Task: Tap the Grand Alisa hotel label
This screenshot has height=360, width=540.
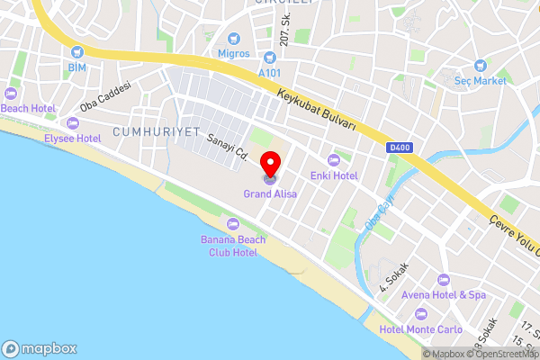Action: (x=270, y=193)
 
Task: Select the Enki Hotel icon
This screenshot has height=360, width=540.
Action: (x=335, y=159)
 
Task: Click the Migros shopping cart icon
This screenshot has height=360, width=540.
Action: (x=234, y=38)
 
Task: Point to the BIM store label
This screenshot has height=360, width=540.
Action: (x=76, y=67)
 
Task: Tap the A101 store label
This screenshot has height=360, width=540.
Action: (x=270, y=73)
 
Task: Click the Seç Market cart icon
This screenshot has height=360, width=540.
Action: (x=480, y=65)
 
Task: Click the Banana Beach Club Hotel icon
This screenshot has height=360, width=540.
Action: (x=233, y=223)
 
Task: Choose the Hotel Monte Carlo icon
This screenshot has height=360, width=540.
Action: (x=421, y=314)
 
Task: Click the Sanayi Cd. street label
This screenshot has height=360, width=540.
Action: (x=227, y=147)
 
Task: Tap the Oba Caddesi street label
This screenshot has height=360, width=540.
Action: (x=104, y=96)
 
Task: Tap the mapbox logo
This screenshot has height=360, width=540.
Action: (x=40, y=348)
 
